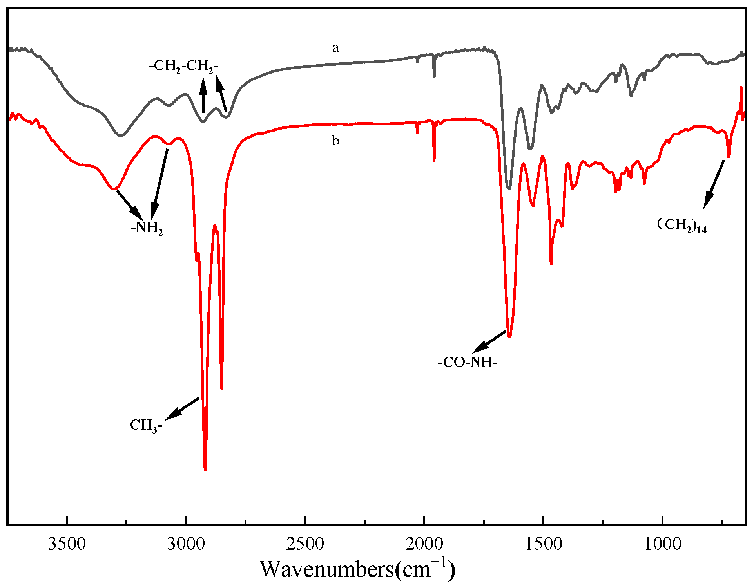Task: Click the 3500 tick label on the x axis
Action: point(67,544)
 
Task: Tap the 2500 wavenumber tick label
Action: point(305,544)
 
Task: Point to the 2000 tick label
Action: point(424,544)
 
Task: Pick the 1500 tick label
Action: point(543,544)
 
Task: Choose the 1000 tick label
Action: point(662,544)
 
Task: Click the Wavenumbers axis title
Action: point(357,569)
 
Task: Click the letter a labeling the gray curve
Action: point(335,48)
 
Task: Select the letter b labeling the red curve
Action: point(335,140)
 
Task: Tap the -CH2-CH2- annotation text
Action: point(184,66)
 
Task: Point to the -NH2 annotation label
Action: point(147,228)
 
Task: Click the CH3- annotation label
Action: point(146,425)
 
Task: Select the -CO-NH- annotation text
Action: point(468,362)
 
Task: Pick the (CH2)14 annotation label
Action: point(682,225)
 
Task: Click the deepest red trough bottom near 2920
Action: point(205,469)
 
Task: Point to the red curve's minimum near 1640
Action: point(509,336)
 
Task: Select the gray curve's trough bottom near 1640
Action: point(509,188)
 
